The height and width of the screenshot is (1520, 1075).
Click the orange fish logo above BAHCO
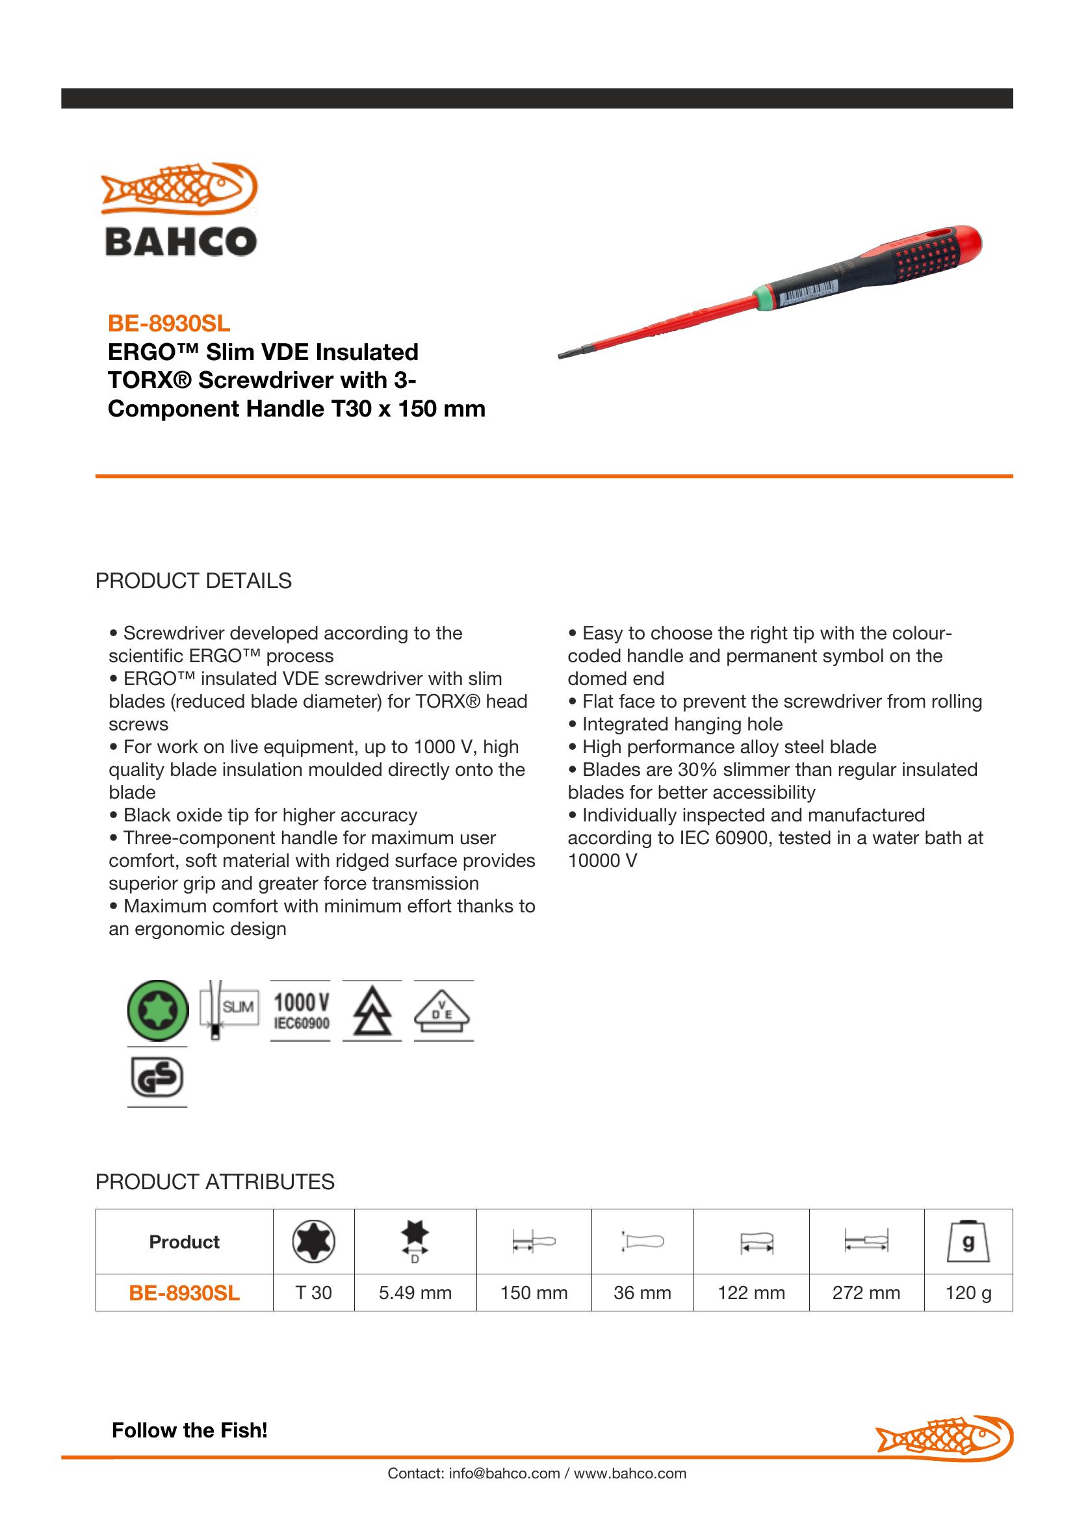[179, 188]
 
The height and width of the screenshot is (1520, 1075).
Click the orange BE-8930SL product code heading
[169, 324]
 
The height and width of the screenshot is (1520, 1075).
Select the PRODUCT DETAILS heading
[193, 580]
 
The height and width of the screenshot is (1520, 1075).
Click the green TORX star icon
[157, 1011]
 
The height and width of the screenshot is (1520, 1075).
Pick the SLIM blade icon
[229, 1010]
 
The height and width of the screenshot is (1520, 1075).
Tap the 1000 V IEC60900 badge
[300, 1011]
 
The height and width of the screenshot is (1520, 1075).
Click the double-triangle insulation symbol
[371, 1011]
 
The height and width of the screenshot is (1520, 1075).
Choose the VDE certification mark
[443, 1011]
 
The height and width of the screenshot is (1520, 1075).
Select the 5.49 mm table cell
[415, 1293]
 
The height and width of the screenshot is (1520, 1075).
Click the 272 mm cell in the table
[866, 1293]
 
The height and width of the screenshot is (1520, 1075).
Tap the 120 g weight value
[968, 1293]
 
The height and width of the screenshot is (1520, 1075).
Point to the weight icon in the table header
[968, 1242]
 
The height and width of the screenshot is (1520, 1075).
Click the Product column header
[184, 1242]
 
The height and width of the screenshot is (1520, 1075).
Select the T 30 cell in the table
[313, 1293]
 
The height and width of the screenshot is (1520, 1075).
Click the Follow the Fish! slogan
[190, 1430]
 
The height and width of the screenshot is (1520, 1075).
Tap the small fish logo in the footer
[944, 1435]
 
